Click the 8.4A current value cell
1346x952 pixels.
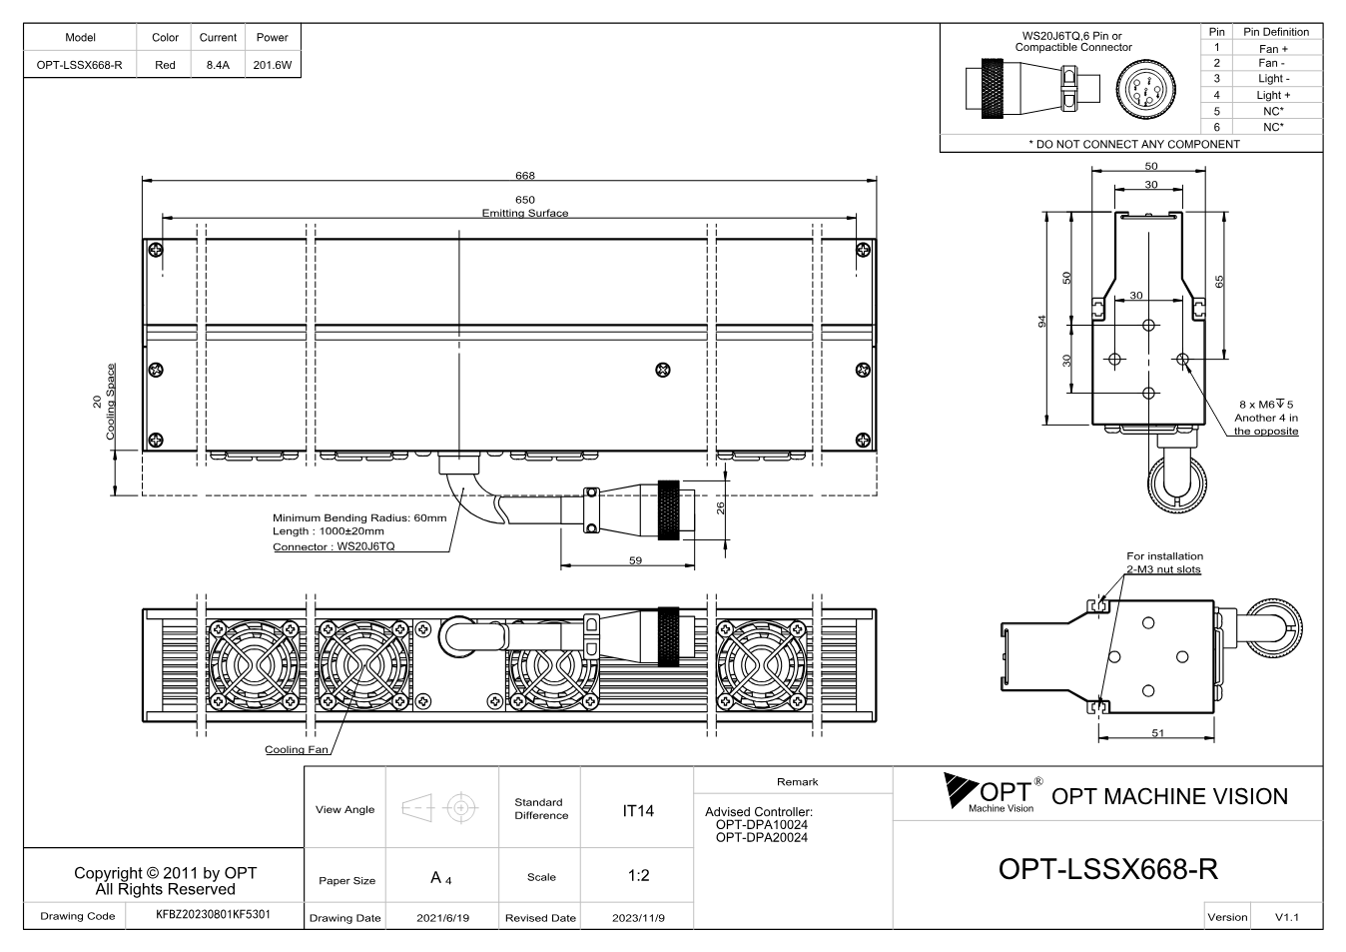(x=218, y=65)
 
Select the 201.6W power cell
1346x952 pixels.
(x=273, y=65)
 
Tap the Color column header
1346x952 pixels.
(x=165, y=37)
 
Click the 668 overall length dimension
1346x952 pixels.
(x=524, y=176)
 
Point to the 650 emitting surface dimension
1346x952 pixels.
(x=524, y=200)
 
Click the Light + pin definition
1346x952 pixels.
(x=1273, y=95)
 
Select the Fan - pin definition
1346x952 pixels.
(x=1271, y=63)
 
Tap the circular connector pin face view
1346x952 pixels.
(x=1145, y=90)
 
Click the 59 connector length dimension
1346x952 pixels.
(x=635, y=560)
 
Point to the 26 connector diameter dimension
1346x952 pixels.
(x=721, y=507)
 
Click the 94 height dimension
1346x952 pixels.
(x=1041, y=322)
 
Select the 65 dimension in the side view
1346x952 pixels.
(x=1218, y=282)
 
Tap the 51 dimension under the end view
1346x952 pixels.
(x=1157, y=732)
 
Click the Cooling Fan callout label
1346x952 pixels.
(x=297, y=749)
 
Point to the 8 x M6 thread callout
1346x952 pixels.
(x=1266, y=405)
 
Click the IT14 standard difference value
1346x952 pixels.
(x=637, y=811)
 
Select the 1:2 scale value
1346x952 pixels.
(x=638, y=875)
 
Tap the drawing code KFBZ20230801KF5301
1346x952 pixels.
(x=213, y=914)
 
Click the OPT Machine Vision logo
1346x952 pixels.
(x=994, y=793)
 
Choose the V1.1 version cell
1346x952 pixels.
(x=1286, y=917)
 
